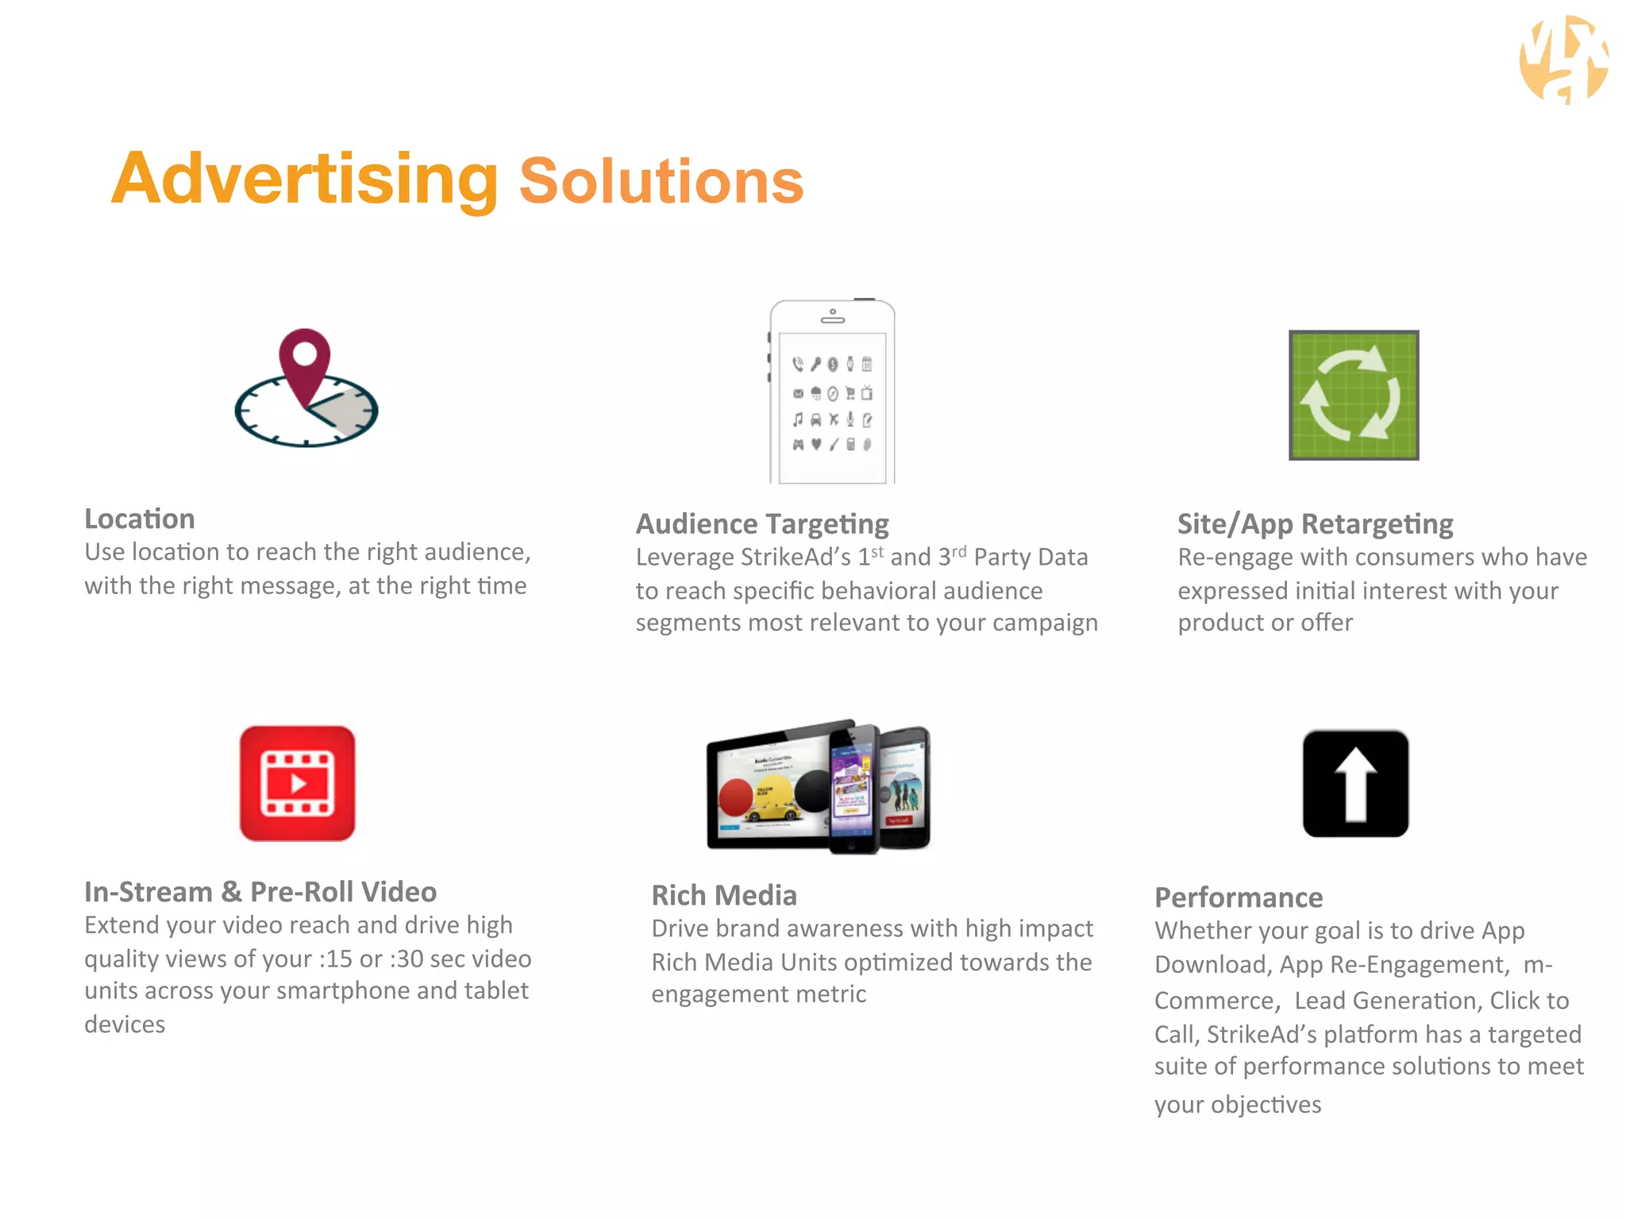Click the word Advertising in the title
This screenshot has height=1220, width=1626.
(x=305, y=180)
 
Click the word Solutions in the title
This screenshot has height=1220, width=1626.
(x=661, y=182)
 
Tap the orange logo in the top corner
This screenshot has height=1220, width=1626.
(x=1563, y=60)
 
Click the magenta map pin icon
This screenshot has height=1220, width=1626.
(x=304, y=360)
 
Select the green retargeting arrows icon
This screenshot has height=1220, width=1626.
(x=1353, y=396)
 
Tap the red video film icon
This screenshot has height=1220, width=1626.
(x=298, y=783)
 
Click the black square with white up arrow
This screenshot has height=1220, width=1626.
(x=1355, y=784)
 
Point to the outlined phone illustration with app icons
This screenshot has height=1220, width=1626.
(x=832, y=392)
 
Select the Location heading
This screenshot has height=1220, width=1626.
(x=140, y=519)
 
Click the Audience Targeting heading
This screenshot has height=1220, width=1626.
(x=762, y=524)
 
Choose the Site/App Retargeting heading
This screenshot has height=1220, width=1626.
(x=1315, y=524)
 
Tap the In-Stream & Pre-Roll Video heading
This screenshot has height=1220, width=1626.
(x=260, y=892)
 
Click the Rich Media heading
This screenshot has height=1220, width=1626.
(x=724, y=895)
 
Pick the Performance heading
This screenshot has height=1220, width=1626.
(x=1239, y=898)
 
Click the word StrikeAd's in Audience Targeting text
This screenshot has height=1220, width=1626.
(x=796, y=558)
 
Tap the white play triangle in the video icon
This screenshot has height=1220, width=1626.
(x=299, y=784)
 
